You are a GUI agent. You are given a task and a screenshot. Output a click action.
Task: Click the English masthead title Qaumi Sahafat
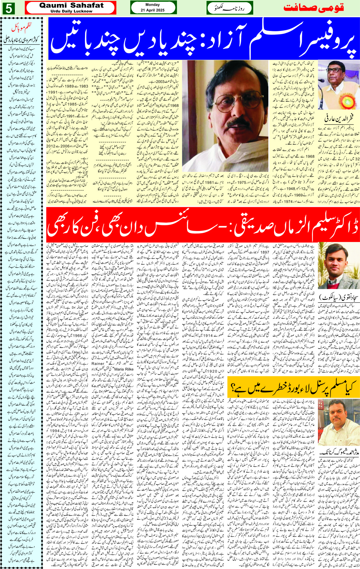tap(71, 5)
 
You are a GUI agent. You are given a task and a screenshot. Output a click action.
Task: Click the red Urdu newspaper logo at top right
tap(313, 8)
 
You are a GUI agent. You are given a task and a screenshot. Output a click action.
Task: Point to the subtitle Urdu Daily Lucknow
tap(71, 11)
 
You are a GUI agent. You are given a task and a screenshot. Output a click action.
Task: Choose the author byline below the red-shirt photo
tap(338, 452)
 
